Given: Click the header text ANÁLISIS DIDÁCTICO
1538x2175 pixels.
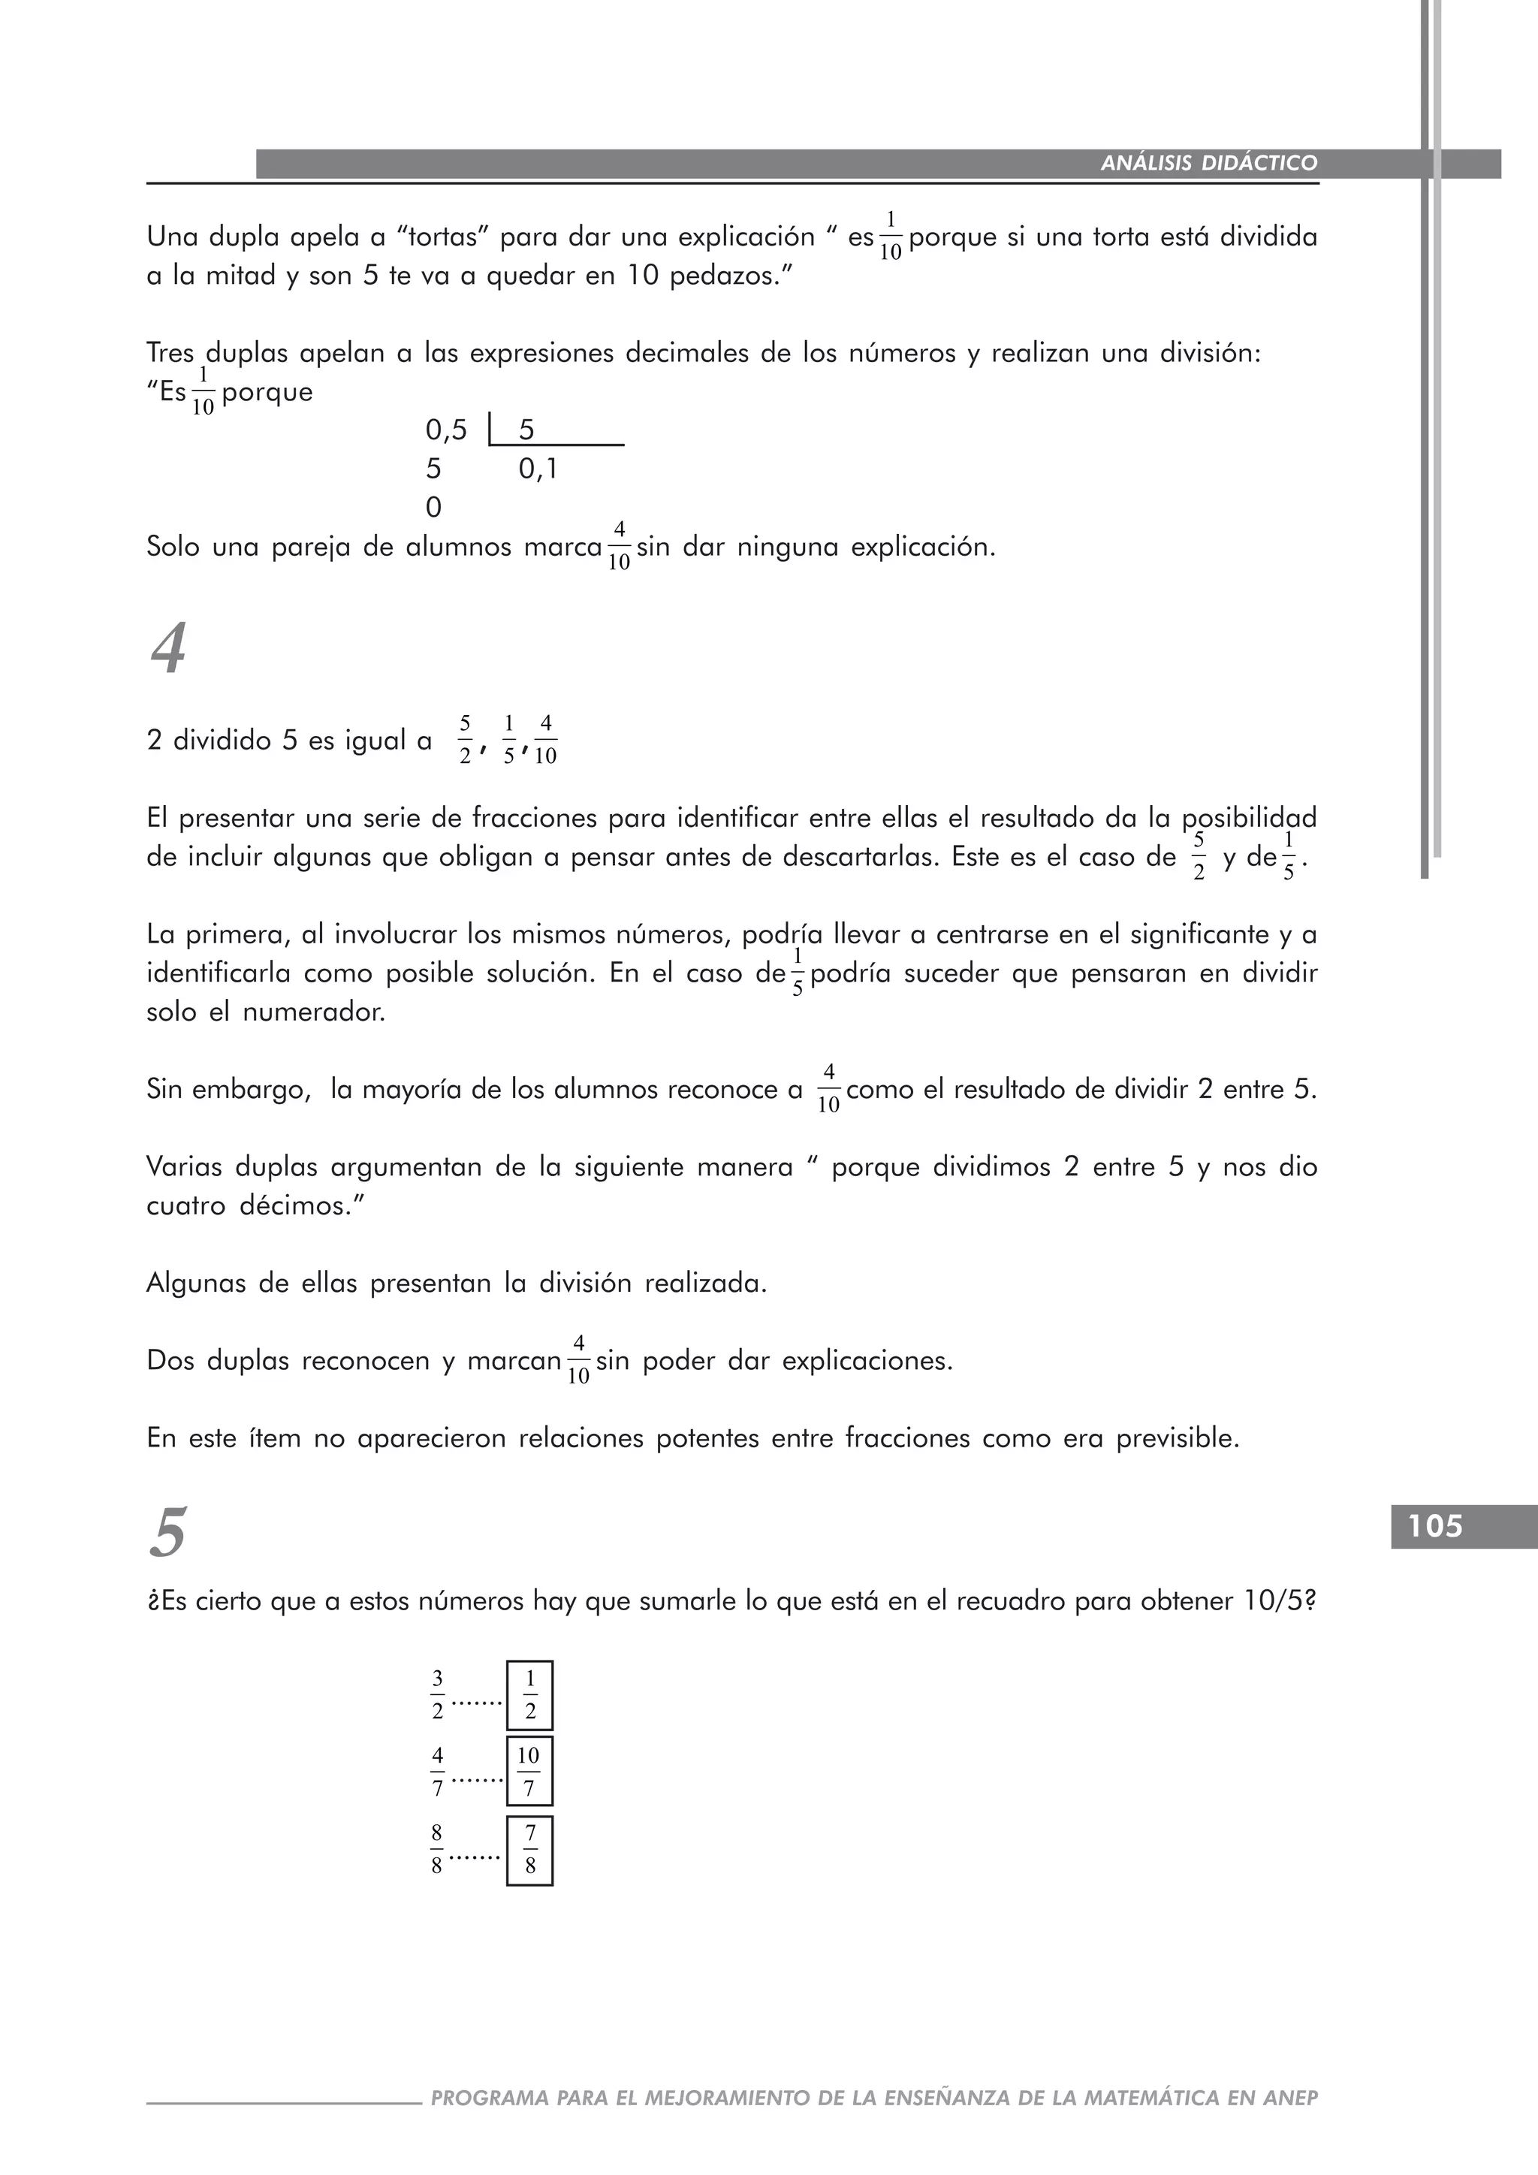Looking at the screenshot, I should tap(1208, 163).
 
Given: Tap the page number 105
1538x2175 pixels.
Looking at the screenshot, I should tap(1435, 1526).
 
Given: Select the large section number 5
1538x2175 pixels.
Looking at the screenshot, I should tap(168, 1533).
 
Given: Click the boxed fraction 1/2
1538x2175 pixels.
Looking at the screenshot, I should tap(529, 1696).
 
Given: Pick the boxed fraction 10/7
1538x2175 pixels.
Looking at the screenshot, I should tap(529, 1772).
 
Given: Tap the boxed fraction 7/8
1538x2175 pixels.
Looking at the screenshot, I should tap(529, 1850).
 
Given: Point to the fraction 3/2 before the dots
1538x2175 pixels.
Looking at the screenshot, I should tap(438, 1696).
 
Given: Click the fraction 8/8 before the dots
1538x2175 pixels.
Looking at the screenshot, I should tap(436, 1850).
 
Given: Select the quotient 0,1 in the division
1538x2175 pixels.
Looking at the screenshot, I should tap(538, 469).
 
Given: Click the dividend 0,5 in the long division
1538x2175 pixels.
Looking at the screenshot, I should tap(446, 431).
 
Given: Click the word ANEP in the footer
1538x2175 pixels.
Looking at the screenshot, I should tap(1290, 2098).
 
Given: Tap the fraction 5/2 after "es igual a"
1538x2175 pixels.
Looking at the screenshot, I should tap(465, 740).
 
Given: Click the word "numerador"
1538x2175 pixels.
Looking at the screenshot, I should tap(313, 1012).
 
